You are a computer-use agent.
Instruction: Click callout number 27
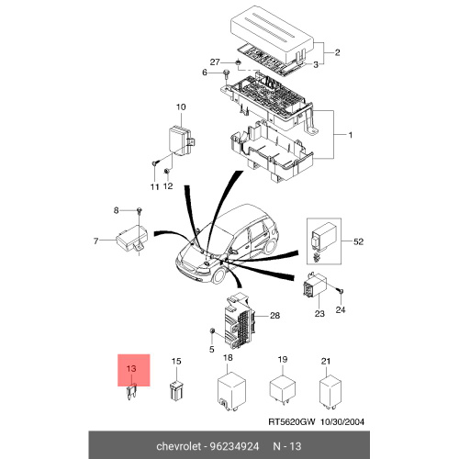(215, 62)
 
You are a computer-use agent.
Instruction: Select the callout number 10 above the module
(181, 106)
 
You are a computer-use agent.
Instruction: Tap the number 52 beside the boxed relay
(358, 241)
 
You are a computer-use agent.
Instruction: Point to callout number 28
(274, 315)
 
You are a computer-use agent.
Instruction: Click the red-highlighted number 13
(131, 368)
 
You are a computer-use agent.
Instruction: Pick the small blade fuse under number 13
(131, 393)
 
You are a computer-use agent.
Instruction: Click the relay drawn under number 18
(231, 391)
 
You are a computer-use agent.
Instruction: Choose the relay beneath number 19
(283, 388)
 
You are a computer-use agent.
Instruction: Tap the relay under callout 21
(330, 392)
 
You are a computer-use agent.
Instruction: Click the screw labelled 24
(341, 291)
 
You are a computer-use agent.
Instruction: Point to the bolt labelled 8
(140, 210)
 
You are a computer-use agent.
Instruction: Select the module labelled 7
(132, 239)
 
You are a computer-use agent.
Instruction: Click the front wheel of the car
(219, 274)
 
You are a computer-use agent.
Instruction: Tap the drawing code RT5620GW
(291, 421)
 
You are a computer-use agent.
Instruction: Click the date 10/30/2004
(342, 421)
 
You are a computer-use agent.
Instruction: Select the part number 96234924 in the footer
(234, 446)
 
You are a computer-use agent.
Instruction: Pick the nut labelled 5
(211, 330)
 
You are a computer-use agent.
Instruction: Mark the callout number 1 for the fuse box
(351, 135)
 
